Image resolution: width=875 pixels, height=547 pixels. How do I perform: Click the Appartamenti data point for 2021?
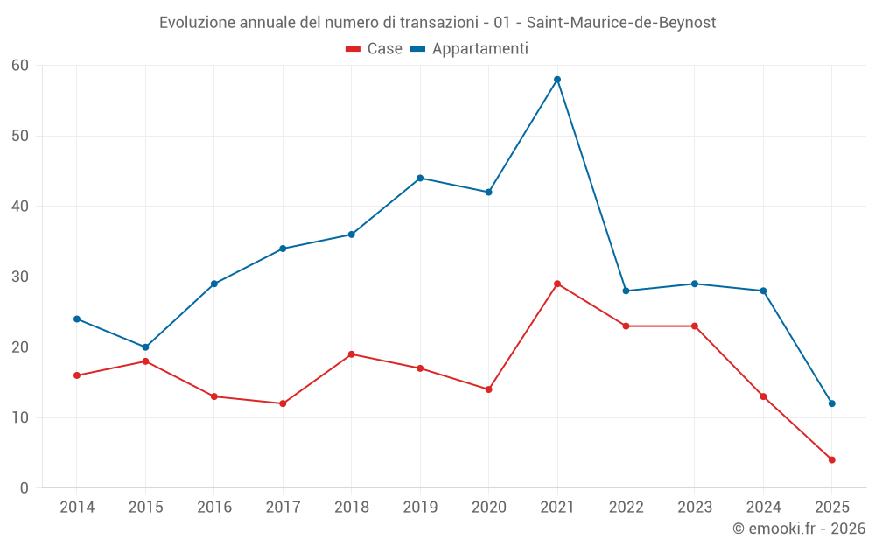tap(557, 80)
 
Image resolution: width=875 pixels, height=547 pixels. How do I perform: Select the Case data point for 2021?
tap(557, 284)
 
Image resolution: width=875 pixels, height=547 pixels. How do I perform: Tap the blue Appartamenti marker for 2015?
tap(145, 347)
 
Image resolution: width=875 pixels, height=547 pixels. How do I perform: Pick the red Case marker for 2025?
tap(831, 459)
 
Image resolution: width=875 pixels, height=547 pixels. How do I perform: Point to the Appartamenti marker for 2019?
tap(420, 179)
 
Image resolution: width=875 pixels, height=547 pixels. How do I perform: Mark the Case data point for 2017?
tap(283, 403)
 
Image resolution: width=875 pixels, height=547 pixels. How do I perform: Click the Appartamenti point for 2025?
tap(831, 403)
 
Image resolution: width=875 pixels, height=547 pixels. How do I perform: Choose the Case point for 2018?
tap(351, 354)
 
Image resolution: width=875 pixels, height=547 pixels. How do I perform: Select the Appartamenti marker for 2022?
tap(626, 291)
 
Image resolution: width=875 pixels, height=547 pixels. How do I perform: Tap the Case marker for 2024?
tap(763, 396)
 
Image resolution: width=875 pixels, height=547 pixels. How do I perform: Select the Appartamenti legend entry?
tap(470, 49)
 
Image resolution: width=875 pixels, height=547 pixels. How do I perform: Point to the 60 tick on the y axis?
tap(20, 66)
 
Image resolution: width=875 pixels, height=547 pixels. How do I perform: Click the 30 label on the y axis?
tap(20, 277)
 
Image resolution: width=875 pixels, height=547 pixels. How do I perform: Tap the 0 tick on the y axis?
tap(24, 488)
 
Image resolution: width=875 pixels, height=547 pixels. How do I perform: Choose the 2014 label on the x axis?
tap(77, 508)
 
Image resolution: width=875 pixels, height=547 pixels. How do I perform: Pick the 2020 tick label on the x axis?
tap(488, 508)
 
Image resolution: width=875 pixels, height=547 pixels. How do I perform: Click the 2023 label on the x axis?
tap(694, 508)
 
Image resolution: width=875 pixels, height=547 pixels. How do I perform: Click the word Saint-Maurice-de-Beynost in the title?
tap(621, 23)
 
